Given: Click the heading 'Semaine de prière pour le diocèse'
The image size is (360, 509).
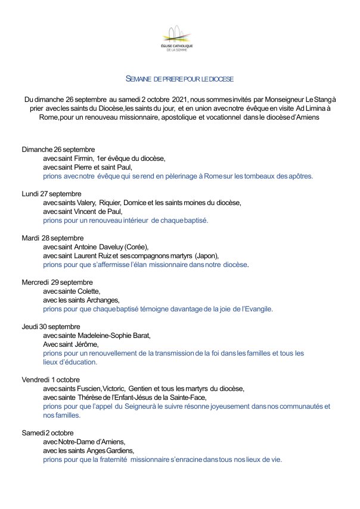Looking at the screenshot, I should pos(179,79).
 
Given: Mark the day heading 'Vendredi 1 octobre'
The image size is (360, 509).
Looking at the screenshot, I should pos(51,379).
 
